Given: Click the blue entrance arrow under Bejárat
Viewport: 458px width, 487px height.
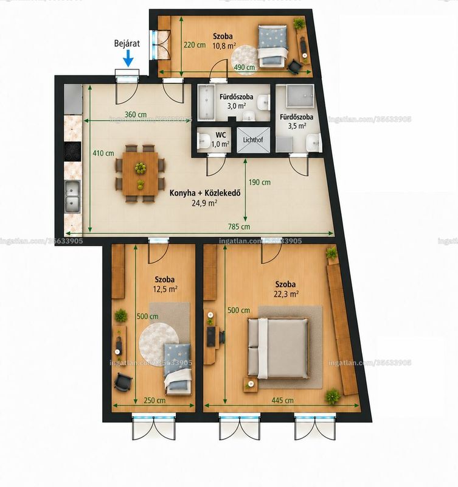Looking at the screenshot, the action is click(128, 58).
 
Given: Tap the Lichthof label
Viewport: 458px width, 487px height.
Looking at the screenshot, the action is click(253, 140).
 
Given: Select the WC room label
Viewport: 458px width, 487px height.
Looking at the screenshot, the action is click(221, 135).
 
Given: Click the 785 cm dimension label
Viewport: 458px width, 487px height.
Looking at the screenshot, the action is click(239, 226).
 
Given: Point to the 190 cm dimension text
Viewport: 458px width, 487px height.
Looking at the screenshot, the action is click(259, 182).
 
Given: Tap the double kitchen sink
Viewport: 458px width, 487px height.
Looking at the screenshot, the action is click(72, 196).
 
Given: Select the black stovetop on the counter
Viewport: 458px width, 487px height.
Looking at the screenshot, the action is click(72, 152).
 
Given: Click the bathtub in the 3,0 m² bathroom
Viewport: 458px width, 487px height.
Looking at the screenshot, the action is click(206, 102).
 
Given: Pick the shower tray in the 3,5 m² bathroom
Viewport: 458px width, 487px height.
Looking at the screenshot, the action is click(300, 96).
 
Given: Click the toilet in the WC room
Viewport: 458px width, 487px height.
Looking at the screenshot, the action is click(204, 141).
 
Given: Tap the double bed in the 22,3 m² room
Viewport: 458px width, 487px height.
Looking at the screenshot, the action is click(278, 348).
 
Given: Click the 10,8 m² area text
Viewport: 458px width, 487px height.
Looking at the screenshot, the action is click(224, 46).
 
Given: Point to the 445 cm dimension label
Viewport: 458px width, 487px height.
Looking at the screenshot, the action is click(282, 401).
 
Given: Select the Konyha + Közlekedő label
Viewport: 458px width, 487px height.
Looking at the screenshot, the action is click(205, 193).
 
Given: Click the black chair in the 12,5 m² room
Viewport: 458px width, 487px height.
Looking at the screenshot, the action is click(123, 382).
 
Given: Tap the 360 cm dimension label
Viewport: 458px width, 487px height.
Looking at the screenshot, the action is click(136, 114).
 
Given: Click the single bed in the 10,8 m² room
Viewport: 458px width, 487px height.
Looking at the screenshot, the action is click(272, 47).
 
